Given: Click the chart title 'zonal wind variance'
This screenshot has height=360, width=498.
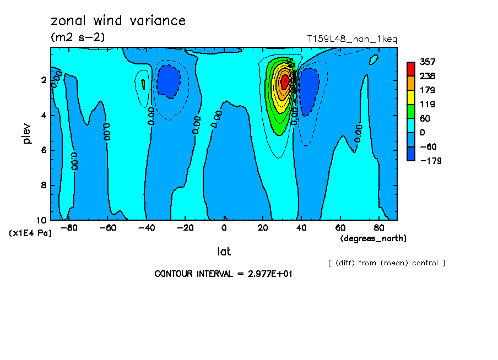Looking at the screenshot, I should coord(118,21).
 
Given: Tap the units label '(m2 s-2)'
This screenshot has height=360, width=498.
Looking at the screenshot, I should coord(78,37).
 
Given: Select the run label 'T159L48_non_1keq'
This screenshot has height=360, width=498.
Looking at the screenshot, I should coord(352,39).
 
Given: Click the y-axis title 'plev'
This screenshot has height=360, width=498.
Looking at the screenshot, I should coord(27,134).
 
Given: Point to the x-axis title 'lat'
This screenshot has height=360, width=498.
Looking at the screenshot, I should coord(224,252).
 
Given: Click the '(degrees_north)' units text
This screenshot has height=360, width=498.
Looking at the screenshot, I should coord(373,238).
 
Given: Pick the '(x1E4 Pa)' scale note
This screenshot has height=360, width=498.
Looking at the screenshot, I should coord(30,233).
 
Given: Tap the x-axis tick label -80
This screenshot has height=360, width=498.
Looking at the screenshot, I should coord(68,227).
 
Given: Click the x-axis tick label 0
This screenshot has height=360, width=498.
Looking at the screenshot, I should coord(224,227).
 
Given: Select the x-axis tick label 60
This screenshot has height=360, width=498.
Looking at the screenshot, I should coord(340,227).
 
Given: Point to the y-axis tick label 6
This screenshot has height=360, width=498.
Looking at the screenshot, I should coord(44,150).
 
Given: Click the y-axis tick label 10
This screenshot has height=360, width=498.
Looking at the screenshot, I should coord(42,220).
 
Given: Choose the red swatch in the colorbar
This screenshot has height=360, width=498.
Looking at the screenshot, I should coord(411,69).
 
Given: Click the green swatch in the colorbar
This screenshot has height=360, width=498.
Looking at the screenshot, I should coord(411,111).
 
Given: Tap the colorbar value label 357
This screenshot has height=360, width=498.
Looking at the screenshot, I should coord(427,62).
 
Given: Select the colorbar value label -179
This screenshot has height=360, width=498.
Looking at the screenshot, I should coord(430,161).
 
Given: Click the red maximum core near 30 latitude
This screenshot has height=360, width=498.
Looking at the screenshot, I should coord(284,81).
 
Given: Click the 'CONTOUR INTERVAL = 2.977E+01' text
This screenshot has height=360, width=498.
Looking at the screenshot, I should coord(223,274).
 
